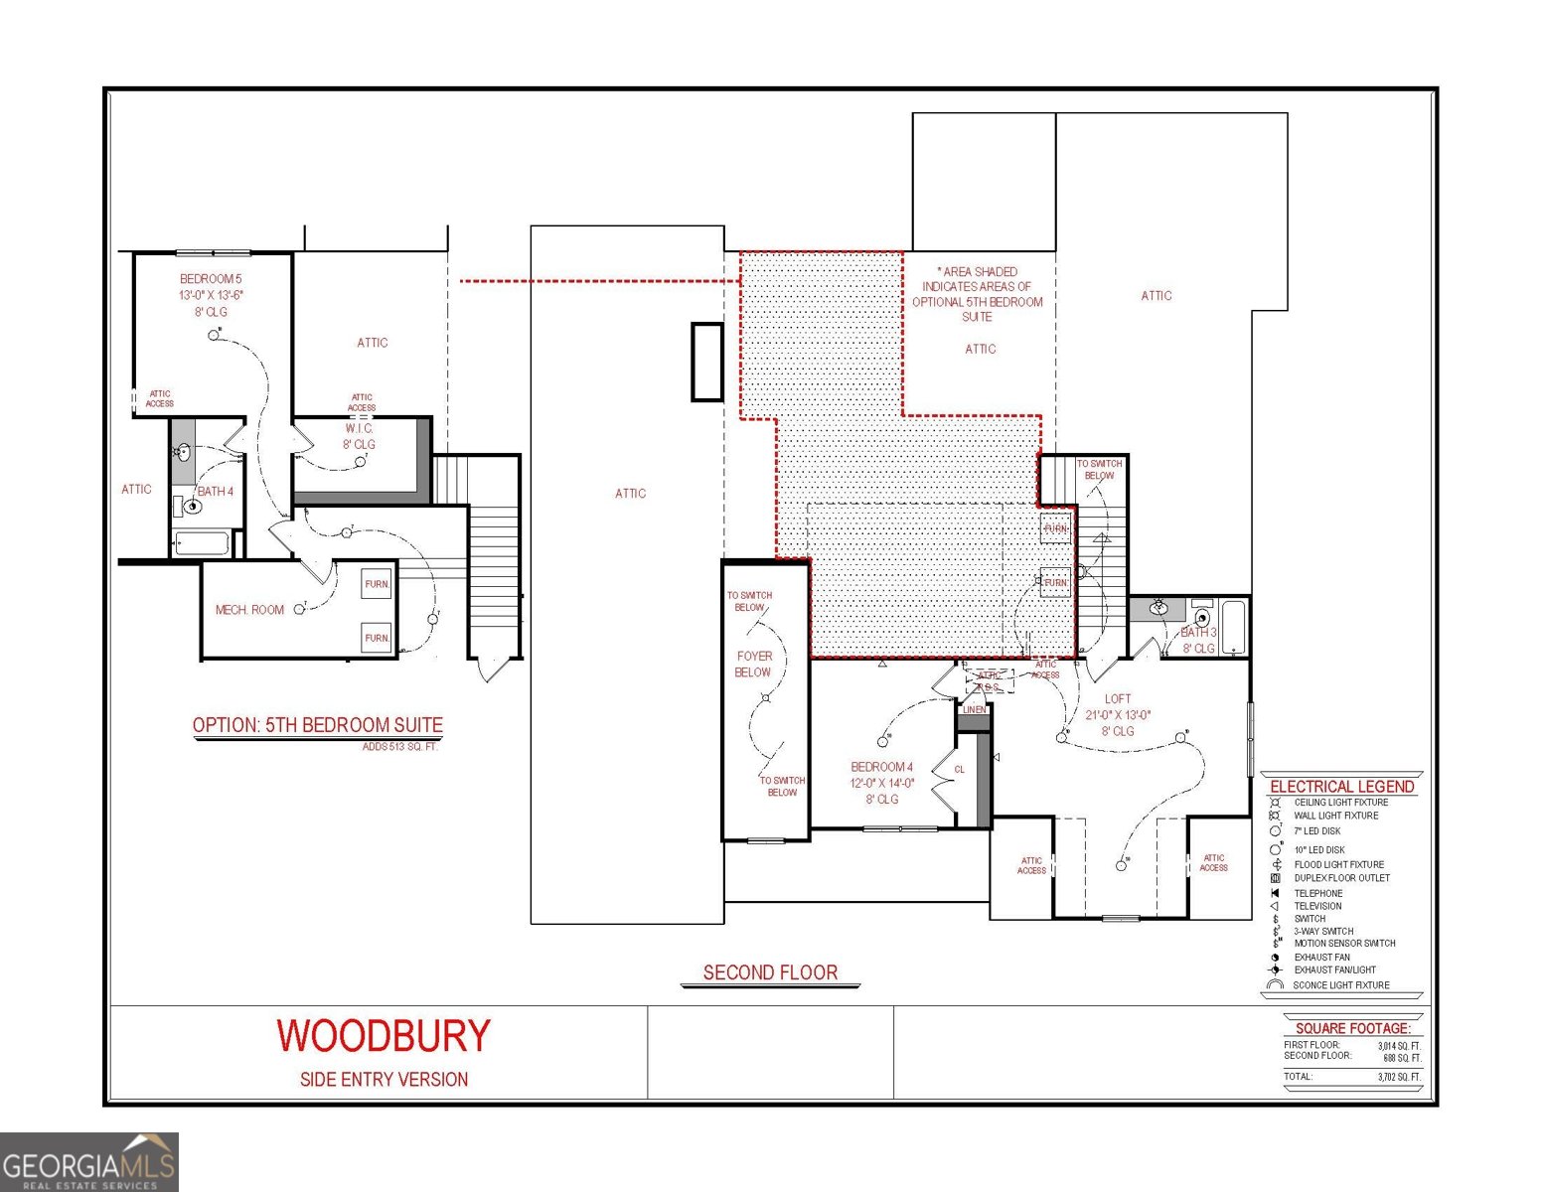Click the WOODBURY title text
click(384, 1036)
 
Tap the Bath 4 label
click(216, 491)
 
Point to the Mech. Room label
click(249, 610)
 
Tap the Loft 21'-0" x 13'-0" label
click(1118, 714)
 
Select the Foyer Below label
click(753, 664)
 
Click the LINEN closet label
click(974, 710)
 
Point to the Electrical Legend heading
click(1341, 787)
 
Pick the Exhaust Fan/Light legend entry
click(1334, 969)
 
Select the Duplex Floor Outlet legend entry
click(1341, 878)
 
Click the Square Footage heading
click(1352, 1028)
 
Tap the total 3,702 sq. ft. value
click(1399, 1077)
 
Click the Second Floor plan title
click(770, 972)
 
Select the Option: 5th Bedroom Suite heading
click(318, 725)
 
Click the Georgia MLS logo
click(89, 1162)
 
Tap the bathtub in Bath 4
click(202, 543)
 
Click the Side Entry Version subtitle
click(384, 1080)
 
